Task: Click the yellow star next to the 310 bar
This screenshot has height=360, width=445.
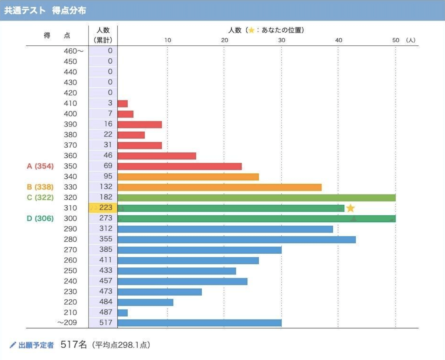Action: tap(350, 208)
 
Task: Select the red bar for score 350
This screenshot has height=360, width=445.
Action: tap(179, 166)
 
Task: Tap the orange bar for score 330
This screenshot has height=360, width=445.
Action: tap(219, 187)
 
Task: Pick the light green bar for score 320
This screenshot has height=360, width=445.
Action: tap(256, 197)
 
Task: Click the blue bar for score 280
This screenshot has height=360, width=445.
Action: tap(236, 240)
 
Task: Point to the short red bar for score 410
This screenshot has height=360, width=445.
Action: tap(122, 103)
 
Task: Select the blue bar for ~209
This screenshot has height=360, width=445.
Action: tap(199, 323)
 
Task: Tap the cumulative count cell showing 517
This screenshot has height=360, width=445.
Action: tap(105, 322)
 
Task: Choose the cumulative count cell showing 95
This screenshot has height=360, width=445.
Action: tap(105, 176)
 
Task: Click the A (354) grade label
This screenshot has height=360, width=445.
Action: tap(40, 166)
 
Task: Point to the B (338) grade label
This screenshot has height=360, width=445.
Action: tap(40, 187)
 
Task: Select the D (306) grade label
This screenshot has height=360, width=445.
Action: tap(40, 218)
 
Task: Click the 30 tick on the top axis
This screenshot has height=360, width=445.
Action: tap(282, 40)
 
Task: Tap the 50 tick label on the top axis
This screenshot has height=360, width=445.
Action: tap(396, 40)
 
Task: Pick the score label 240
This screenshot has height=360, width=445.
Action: tap(70, 281)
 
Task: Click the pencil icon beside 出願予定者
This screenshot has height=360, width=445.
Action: tap(13, 345)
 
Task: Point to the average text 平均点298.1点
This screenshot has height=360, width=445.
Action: tap(121, 345)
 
